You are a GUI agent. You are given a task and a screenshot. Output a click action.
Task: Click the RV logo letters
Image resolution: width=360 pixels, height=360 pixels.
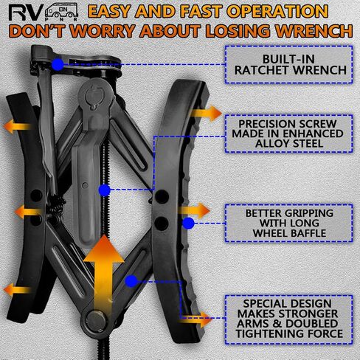(24, 13)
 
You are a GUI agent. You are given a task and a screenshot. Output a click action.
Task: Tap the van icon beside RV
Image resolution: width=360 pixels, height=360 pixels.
(62, 12)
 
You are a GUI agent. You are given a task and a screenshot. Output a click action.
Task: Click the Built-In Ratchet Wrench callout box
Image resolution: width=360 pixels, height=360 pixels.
(289, 64)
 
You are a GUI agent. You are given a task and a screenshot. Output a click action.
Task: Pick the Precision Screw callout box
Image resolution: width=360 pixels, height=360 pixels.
(289, 134)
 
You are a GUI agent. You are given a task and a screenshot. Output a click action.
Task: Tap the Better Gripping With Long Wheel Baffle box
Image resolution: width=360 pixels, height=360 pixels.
(289, 223)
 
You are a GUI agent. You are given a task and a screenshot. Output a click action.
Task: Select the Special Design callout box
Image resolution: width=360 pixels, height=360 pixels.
(289, 319)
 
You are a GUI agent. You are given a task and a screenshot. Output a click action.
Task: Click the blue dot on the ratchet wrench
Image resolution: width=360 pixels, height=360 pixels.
(58, 64)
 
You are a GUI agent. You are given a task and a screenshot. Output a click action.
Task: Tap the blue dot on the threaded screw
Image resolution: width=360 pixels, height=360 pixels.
(105, 190)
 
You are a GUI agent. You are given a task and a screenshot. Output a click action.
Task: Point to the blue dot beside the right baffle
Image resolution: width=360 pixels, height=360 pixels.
(188, 224)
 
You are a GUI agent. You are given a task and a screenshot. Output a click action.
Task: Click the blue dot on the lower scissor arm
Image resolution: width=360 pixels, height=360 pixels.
(131, 281)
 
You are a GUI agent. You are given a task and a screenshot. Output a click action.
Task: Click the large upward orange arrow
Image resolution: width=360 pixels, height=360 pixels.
(103, 275)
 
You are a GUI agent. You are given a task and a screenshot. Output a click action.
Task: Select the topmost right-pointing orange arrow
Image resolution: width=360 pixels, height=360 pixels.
(206, 113)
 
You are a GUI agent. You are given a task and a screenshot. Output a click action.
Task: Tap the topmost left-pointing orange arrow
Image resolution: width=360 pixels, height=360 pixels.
(17, 126)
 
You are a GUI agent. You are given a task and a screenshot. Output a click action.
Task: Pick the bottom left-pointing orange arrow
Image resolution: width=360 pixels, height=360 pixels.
(17, 290)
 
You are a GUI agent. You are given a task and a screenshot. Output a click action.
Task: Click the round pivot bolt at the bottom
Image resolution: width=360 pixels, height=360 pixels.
(97, 321)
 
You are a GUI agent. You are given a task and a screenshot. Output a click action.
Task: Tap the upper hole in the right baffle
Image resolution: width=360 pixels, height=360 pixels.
(162, 197)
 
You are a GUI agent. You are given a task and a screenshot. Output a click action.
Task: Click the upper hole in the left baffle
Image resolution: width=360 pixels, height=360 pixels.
(36, 195)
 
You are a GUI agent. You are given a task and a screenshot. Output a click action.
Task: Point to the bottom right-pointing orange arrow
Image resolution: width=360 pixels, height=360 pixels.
(195, 319)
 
